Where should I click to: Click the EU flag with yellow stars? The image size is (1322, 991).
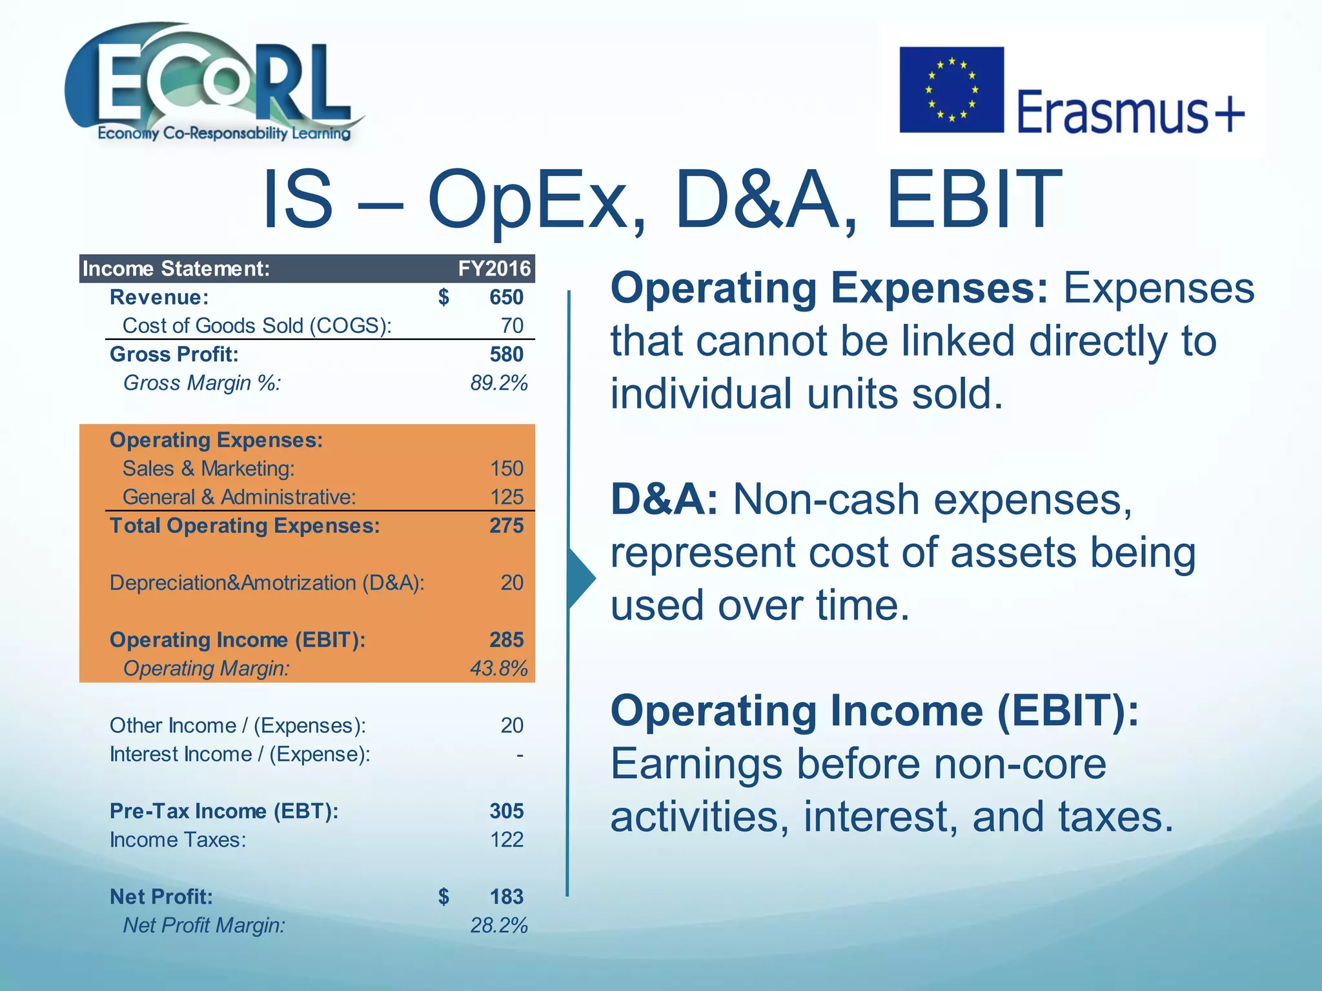[951, 90]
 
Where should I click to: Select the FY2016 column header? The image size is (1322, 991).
[494, 268]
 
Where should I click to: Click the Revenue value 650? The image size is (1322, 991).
[506, 297]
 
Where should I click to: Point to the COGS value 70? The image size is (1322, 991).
[512, 326]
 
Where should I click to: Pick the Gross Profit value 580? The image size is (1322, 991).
[506, 354]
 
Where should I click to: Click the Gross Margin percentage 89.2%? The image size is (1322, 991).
[498, 383]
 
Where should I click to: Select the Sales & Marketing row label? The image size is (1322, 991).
[208, 468]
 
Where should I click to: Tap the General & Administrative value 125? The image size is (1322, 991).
[506, 497]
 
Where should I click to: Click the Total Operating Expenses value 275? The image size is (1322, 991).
[506, 526]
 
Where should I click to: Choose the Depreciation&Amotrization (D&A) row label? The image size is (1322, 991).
[267, 583]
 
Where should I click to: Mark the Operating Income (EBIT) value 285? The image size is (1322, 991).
[506, 640]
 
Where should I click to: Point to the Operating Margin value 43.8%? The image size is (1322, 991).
[498, 668]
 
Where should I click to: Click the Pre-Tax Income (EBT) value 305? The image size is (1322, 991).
[506, 811]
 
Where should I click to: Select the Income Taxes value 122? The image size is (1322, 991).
[506, 840]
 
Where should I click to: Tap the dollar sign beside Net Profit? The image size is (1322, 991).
[443, 897]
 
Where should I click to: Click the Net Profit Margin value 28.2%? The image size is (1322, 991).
[498, 926]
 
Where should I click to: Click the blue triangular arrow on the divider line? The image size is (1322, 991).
[581, 578]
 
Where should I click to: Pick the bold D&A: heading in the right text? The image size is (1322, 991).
[664, 500]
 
